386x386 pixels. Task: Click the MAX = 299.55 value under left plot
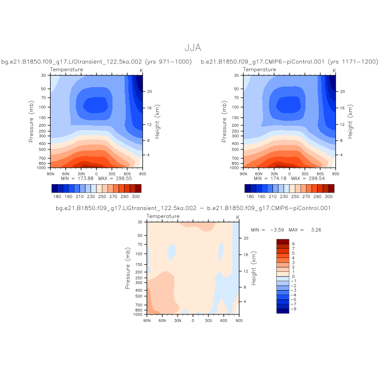116,179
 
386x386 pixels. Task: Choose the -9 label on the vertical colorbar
293,310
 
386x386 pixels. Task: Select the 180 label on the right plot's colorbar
250,196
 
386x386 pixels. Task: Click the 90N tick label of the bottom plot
147,320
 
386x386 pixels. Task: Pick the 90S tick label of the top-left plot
142,173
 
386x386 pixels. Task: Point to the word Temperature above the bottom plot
163,217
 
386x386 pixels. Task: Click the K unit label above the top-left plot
142,70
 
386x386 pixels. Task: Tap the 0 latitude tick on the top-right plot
289,173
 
